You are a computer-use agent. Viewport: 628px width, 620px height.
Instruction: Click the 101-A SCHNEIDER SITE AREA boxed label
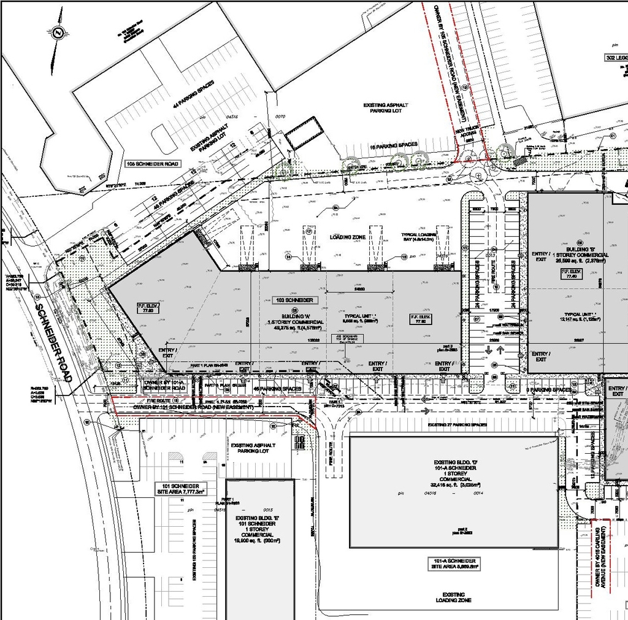[x=454, y=564]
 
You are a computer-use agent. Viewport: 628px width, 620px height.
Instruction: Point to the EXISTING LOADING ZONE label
[x=454, y=597]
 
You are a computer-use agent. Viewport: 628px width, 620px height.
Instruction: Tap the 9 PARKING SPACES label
[x=548, y=390]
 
